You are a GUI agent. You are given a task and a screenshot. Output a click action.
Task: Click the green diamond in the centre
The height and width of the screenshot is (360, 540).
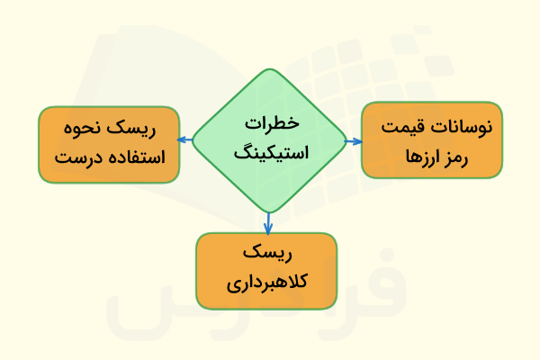tap(268, 139)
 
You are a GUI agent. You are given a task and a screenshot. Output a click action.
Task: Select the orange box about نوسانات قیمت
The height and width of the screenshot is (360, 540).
tap(431, 139)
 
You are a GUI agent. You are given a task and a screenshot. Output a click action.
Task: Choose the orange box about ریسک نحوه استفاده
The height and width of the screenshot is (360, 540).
tap(108, 143)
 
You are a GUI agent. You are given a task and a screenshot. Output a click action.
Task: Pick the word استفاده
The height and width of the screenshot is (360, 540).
tap(136, 159)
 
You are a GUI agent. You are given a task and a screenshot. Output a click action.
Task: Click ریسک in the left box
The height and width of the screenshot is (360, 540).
tap(134, 129)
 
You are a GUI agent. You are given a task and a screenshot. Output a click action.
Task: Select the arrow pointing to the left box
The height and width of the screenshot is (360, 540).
tap(184, 139)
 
